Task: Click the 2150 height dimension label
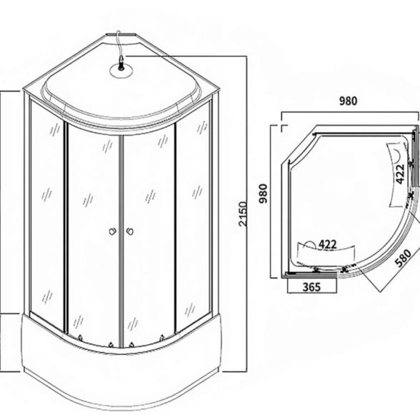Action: [243, 214]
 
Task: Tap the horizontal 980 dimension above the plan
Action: [349, 101]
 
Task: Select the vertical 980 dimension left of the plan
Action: [263, 194]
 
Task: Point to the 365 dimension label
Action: [311, 287]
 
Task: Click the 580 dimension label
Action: [404, 258]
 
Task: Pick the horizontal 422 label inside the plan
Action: [327, 244]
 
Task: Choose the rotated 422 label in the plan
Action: [400, 174]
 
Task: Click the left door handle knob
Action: [113, 231]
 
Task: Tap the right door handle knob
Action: [130, 231]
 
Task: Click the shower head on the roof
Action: [121, 62]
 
